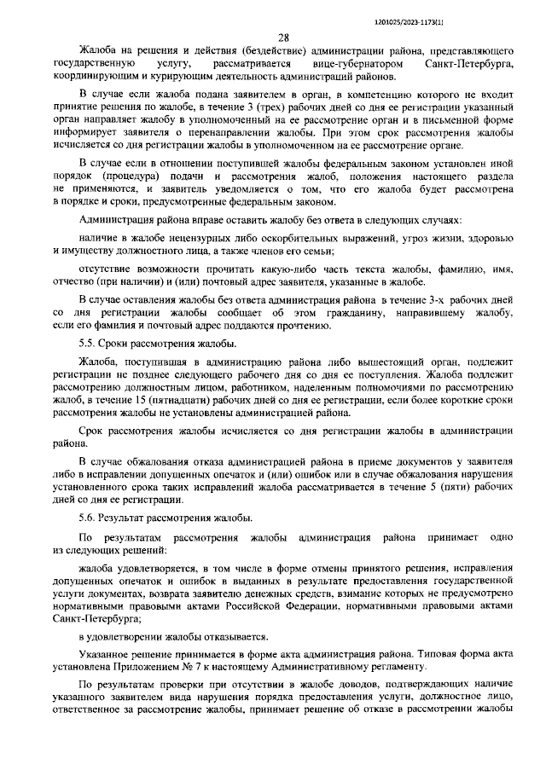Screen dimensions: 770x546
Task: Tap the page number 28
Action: click(282, 37)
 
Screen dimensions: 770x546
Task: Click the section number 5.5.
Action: click(86, 343)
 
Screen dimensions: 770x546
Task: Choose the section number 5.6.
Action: click(86, 518)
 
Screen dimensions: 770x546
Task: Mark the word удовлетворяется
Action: click(156, 566)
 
